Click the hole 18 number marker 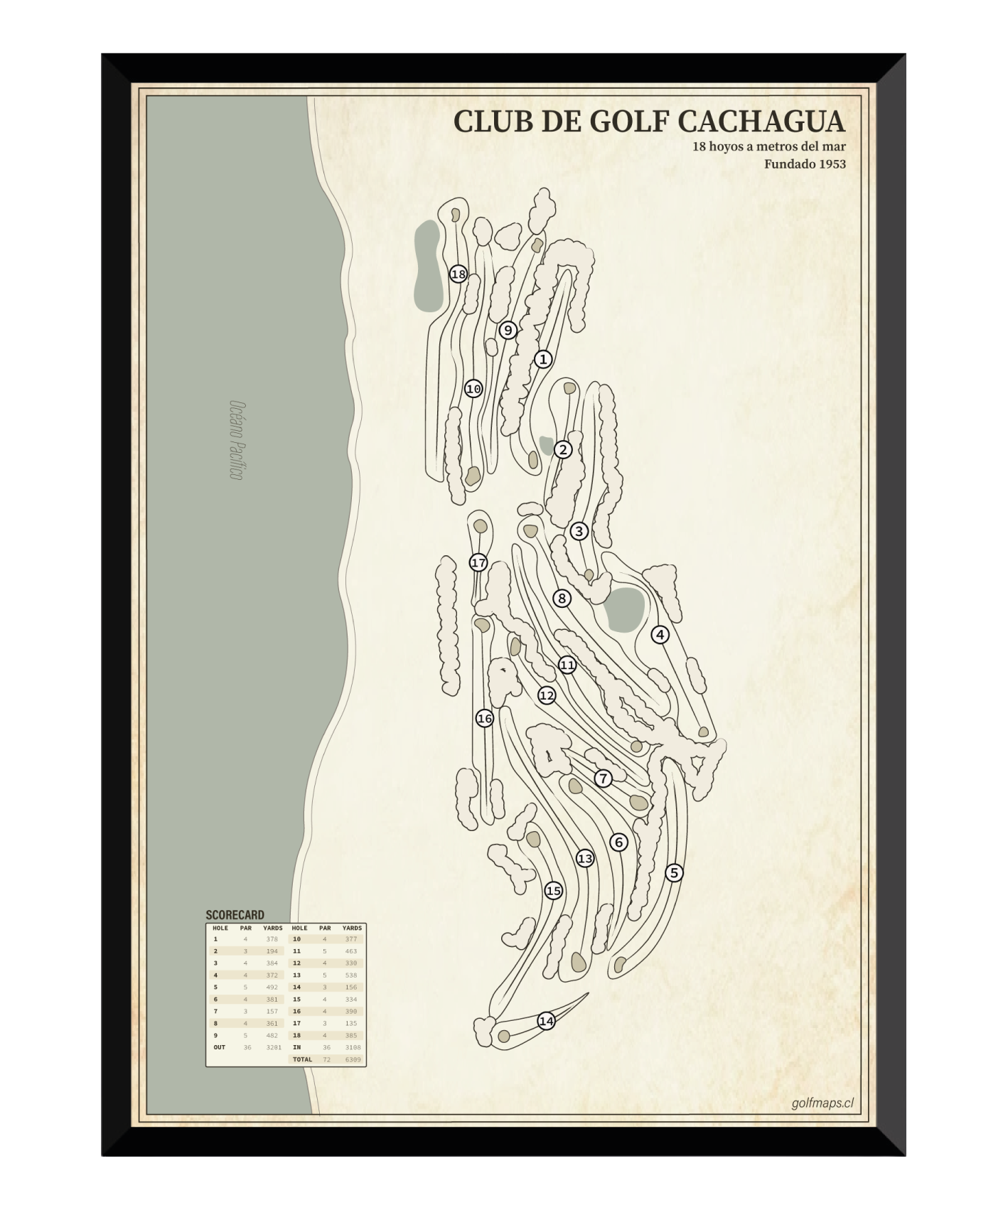pyautogui.click(x=459, y=274)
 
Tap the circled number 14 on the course pyautogui.click(x=546, y=1022)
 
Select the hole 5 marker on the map pyautogui.click(x=674, y=873)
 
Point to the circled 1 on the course pyautogui.click(x=543, y=360)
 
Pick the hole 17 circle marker pyautogui.click(x=478, y=563)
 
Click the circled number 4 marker pyautogui.click(x=660, y=635)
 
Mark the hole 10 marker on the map pyautogui.click(x=473, y=389)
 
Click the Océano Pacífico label pyautogui.click(x=237, y=440)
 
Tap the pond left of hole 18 pyautogui.click(x=427, y=266)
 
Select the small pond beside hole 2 pyautogui.click(x=546, y=446)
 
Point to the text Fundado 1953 pyautogui.click(x=805, y=164)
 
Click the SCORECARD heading pyautogui.click(x=235, y=915)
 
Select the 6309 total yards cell pyautogui.click(x=353, y=1060)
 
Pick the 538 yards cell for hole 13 pyautogui.click(x=351, y=975)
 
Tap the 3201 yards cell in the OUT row pyautogui.click(x=273, y=1047)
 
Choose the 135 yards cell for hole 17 pyautogui.click(x=351, y=1024)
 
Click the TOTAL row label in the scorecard pyautogui.click(x=302, y=1060)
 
